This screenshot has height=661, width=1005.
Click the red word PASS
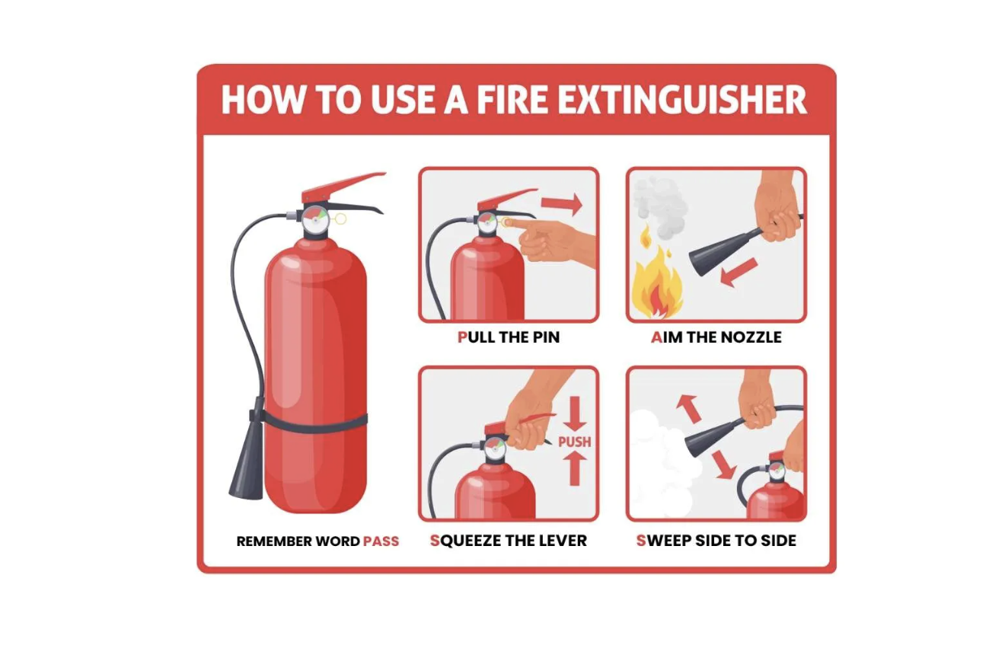(381, 541)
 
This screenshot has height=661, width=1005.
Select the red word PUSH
(574, 442)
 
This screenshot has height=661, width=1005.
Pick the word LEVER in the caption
(563, 541)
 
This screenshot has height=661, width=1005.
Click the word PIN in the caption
(546, 337)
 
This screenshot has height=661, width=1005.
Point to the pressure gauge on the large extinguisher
(314, 219)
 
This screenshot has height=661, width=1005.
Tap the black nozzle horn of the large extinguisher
(247, 463)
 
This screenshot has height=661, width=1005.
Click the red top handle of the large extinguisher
(341, 187)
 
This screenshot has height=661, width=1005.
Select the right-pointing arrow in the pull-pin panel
(561, 204)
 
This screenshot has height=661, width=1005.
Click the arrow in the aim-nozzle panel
(739, 273)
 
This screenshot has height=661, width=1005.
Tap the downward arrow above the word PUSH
(575, 414)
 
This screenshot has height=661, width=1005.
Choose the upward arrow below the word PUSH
(575, 468)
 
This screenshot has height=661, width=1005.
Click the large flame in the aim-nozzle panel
(657, 283)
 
